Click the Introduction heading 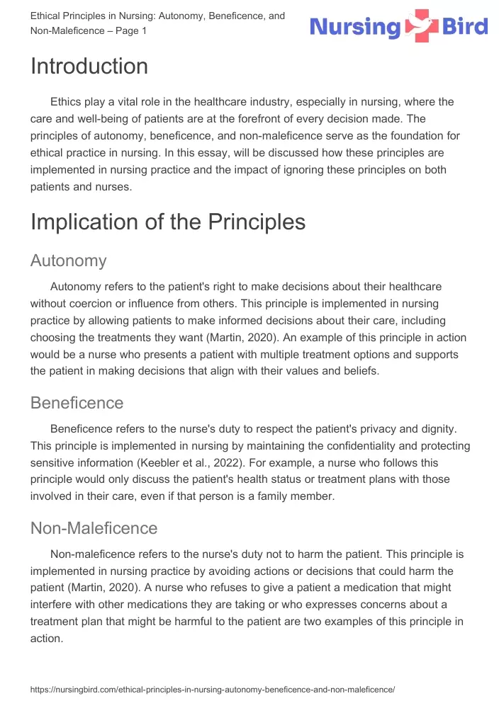[89, 67]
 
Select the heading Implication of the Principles [168, 222]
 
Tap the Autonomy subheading [68, 261]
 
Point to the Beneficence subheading [77, 403]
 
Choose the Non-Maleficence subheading [94, 528]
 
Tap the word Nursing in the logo [356, 27]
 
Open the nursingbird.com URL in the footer [212, 689]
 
